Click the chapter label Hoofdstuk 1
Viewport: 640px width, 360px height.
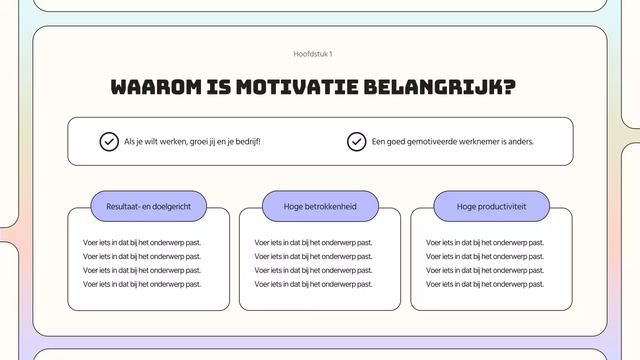pos(312,54)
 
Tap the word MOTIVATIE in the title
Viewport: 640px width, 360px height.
pos(297,87)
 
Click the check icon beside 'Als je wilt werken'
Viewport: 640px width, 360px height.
pos(109,141)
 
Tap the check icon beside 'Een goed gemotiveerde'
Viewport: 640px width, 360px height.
pos(356,141)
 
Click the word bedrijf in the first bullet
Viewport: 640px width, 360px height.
pos(249,141)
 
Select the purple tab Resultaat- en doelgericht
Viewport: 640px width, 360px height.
pos(148,206)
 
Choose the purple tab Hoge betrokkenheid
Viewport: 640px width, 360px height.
pos(320,206)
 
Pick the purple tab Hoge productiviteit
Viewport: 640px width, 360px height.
pos(491,206)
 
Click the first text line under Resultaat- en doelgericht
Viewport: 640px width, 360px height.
pos(142,242)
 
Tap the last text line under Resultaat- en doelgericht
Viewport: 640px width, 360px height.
pos(142,284)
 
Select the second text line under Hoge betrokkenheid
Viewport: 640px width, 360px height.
pos(313,256)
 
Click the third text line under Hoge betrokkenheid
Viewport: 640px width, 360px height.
pos(313,270)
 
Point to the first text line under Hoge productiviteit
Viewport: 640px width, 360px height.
pos(485,242)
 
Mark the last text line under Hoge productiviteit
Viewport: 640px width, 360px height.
pos(485,284)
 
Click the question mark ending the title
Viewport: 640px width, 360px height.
pos(509,87)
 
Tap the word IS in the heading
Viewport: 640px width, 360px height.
pos(218,87)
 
